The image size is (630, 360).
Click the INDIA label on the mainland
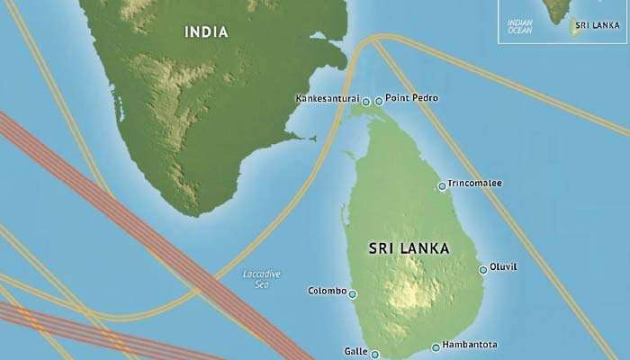(206, 32)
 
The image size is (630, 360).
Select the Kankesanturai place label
(327, 99)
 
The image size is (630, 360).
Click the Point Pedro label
(411, 98)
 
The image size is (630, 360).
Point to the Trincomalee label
(474, 184)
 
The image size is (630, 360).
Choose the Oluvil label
(503, 267)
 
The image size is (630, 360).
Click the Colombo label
(326, 291)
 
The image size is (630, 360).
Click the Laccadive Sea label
(262, 278)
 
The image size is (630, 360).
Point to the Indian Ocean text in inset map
(519, 25)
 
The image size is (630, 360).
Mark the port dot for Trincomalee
(441, 186)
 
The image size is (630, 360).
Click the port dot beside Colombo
(353, 293)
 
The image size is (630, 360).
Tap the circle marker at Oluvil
(483, 269)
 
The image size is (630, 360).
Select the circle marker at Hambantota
(436, 347)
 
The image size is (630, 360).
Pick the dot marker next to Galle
(374, 355)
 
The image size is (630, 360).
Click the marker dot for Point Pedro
(378, 101)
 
